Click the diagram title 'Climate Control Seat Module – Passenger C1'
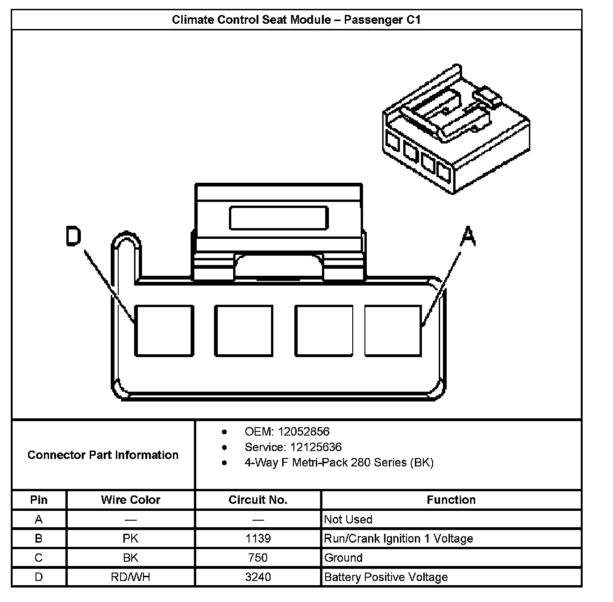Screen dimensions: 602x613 pos(296,20)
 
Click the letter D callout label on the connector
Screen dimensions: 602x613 pos(73,236)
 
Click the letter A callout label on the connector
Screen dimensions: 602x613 pos(468,236)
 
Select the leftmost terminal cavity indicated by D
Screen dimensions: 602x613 pos(164,331)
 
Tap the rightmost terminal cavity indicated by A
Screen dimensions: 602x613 pos(393,331)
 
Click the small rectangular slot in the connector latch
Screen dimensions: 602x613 pos(278,218)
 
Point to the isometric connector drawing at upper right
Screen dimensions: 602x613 pos(456,131)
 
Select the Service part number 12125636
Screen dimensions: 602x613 pos(316,447)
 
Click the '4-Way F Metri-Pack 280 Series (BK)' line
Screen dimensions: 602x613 pos(339,463)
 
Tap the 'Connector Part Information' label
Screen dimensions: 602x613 pos(103,455)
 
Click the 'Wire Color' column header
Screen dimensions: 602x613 pos(130,500)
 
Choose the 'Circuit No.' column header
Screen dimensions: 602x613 pos(258,500)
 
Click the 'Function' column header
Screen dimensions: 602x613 pos(451,500)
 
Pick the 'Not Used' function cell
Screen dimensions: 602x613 pos(348,519)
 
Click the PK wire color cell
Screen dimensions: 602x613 pos(130,538)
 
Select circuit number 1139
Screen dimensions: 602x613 pos(258,538)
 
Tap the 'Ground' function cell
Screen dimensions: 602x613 pos(343,558)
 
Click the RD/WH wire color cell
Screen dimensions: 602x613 pos(130,577)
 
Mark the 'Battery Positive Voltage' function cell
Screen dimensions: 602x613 pos(386,577)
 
